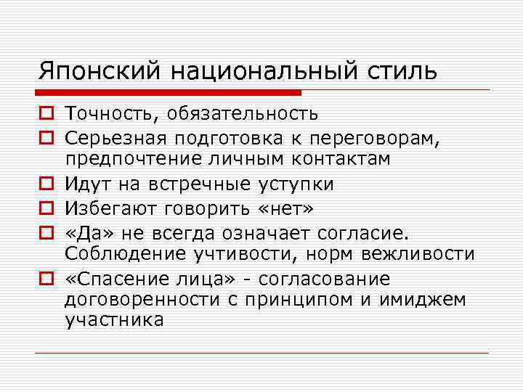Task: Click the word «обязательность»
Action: [x=240, y=114]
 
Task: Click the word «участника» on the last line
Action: [x=115, y=320]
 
